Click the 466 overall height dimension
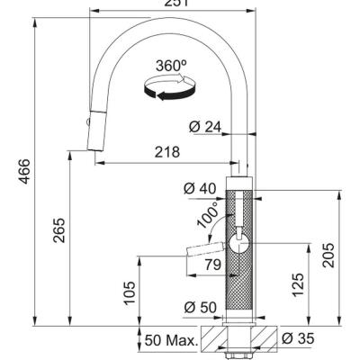[24, 168]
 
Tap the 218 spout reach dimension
[166, 153]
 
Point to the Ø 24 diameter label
[207, 128]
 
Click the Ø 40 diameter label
[197, 189]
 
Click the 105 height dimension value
[128, 292]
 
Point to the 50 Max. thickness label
[171, 341]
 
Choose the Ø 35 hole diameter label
[297, 340]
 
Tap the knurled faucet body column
[241, 279]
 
